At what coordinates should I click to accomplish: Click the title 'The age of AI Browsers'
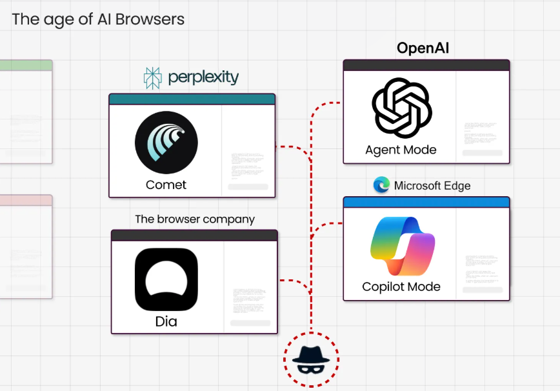coord(98,19)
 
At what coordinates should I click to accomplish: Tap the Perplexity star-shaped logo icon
coord(153,78)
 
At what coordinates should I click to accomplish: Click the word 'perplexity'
coord(203,78)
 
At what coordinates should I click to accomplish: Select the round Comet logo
coord(166,143)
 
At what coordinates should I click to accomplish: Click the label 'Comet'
coord(166,185)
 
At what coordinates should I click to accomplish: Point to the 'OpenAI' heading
coord(423,48)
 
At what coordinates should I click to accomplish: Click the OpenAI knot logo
coord(401,108)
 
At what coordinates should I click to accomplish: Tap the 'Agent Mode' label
coord(401,150)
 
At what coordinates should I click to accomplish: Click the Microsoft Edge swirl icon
coord(382,185)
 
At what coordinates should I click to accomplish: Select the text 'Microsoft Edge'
coord(432,186)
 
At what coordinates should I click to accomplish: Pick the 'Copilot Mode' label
coord(401,287)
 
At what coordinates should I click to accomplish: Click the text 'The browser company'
coord(195,219)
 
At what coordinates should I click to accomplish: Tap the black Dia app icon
coord(166,279)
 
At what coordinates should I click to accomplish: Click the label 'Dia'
coord(166,321)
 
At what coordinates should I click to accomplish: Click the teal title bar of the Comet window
coord(192,99)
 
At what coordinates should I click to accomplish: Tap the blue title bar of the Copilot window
coord(426,203)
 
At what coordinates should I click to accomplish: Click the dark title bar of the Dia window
coord(194,236)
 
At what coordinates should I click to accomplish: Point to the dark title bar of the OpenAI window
coord(426,65)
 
